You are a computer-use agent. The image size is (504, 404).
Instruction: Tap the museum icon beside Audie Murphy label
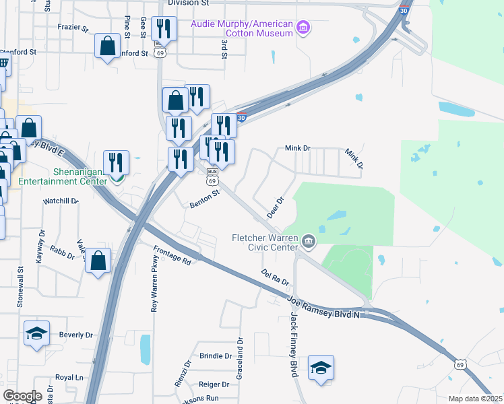point(304,28)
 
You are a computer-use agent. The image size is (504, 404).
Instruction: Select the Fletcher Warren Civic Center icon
point(309,240)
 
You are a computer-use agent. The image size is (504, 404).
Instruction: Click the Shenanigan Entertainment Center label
point(62,176)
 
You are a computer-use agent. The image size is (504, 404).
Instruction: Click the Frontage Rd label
point(172,256)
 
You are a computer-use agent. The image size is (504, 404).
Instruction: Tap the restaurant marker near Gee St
point(164,29)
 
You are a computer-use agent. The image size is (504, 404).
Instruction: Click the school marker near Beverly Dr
point(36,333)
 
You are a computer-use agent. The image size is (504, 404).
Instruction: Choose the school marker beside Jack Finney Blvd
point(321,368)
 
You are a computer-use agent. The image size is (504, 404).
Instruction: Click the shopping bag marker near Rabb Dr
point(98,260)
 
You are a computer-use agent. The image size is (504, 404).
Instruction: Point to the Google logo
point(22,396)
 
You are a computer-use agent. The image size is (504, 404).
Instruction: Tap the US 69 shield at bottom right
point(460,364)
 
